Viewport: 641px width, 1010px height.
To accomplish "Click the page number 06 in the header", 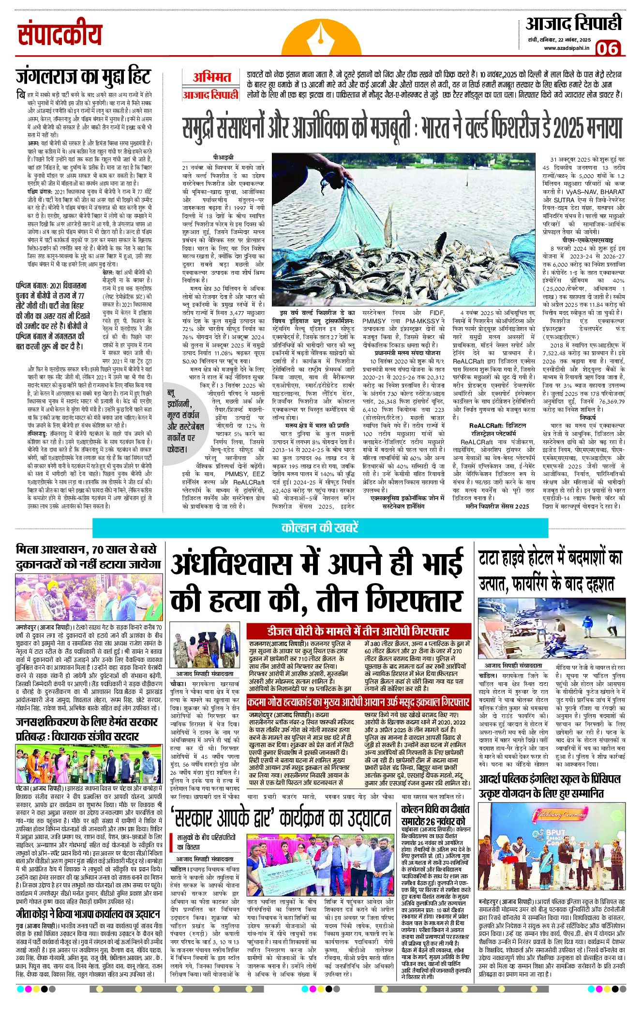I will pyautogui.click(x=607, y=48).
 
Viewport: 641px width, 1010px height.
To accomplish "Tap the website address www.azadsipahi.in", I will pyautogui.click(x=566, y=48).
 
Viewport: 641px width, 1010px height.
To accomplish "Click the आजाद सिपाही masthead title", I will pyautogui.click(x=573, y=24).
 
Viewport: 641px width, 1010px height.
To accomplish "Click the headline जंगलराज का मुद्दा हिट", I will pyautogui.click(x=83, y=76).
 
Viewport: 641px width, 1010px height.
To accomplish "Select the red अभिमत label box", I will pyautogui.click(x=211, y=77).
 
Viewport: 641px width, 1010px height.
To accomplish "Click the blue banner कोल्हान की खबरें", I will pyautogui.click(x=320, y=527).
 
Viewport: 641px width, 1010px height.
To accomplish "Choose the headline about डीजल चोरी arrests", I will pyautogui.click(x=358, y=631).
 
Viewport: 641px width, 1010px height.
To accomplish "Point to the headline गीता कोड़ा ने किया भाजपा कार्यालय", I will pyautogui.click(x=88, y=914).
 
